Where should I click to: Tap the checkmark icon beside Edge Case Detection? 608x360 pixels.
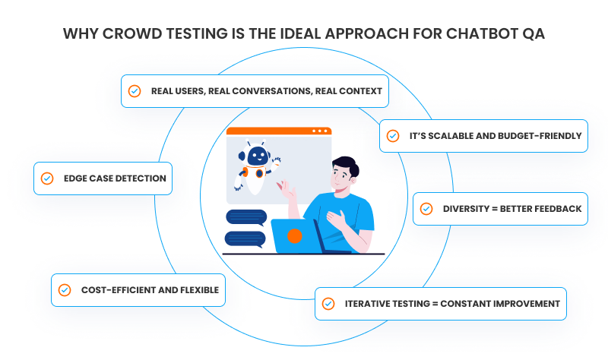[x=47, y=178]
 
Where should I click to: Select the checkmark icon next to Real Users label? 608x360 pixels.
[x=135, y=91]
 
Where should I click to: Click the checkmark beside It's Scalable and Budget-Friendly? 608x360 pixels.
[x=393, y=136]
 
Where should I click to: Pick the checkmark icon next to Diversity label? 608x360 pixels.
[x=426, y=209]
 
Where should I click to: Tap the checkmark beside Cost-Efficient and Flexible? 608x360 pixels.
[x=65, y=290]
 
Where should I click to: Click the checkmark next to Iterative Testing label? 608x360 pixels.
[x=328, y=304]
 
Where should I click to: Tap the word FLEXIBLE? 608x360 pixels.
[x=199, y=290]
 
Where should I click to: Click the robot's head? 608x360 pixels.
[x=257, y=155]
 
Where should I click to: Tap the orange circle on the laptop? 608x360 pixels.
[x=295, y=235]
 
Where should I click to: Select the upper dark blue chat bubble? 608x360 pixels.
[x=246, y=217]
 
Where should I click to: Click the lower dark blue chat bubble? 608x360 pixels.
[x=245, y=239]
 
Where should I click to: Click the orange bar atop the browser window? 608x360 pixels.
[x=279, y=131]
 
